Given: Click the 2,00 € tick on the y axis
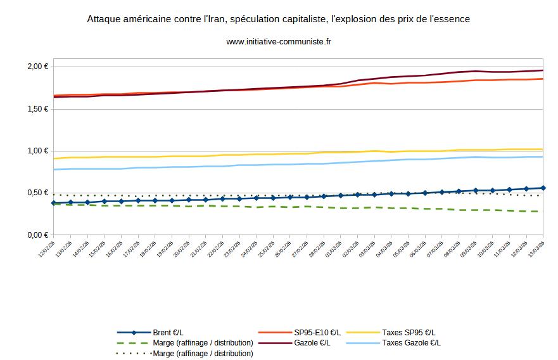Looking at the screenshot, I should pos(38,67).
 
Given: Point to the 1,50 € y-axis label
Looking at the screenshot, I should pos(38,109).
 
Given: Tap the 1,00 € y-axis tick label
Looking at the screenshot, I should pos(38,151).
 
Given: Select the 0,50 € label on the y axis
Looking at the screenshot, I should pos(38,193).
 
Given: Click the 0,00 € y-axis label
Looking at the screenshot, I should pos(38,235).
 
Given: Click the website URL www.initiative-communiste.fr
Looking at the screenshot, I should pos(279,42).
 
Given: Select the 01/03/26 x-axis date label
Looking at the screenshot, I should pos(335,247).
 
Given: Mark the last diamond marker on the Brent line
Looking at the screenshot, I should pos(543,188).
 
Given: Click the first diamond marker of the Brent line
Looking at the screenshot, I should pos(54,203).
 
